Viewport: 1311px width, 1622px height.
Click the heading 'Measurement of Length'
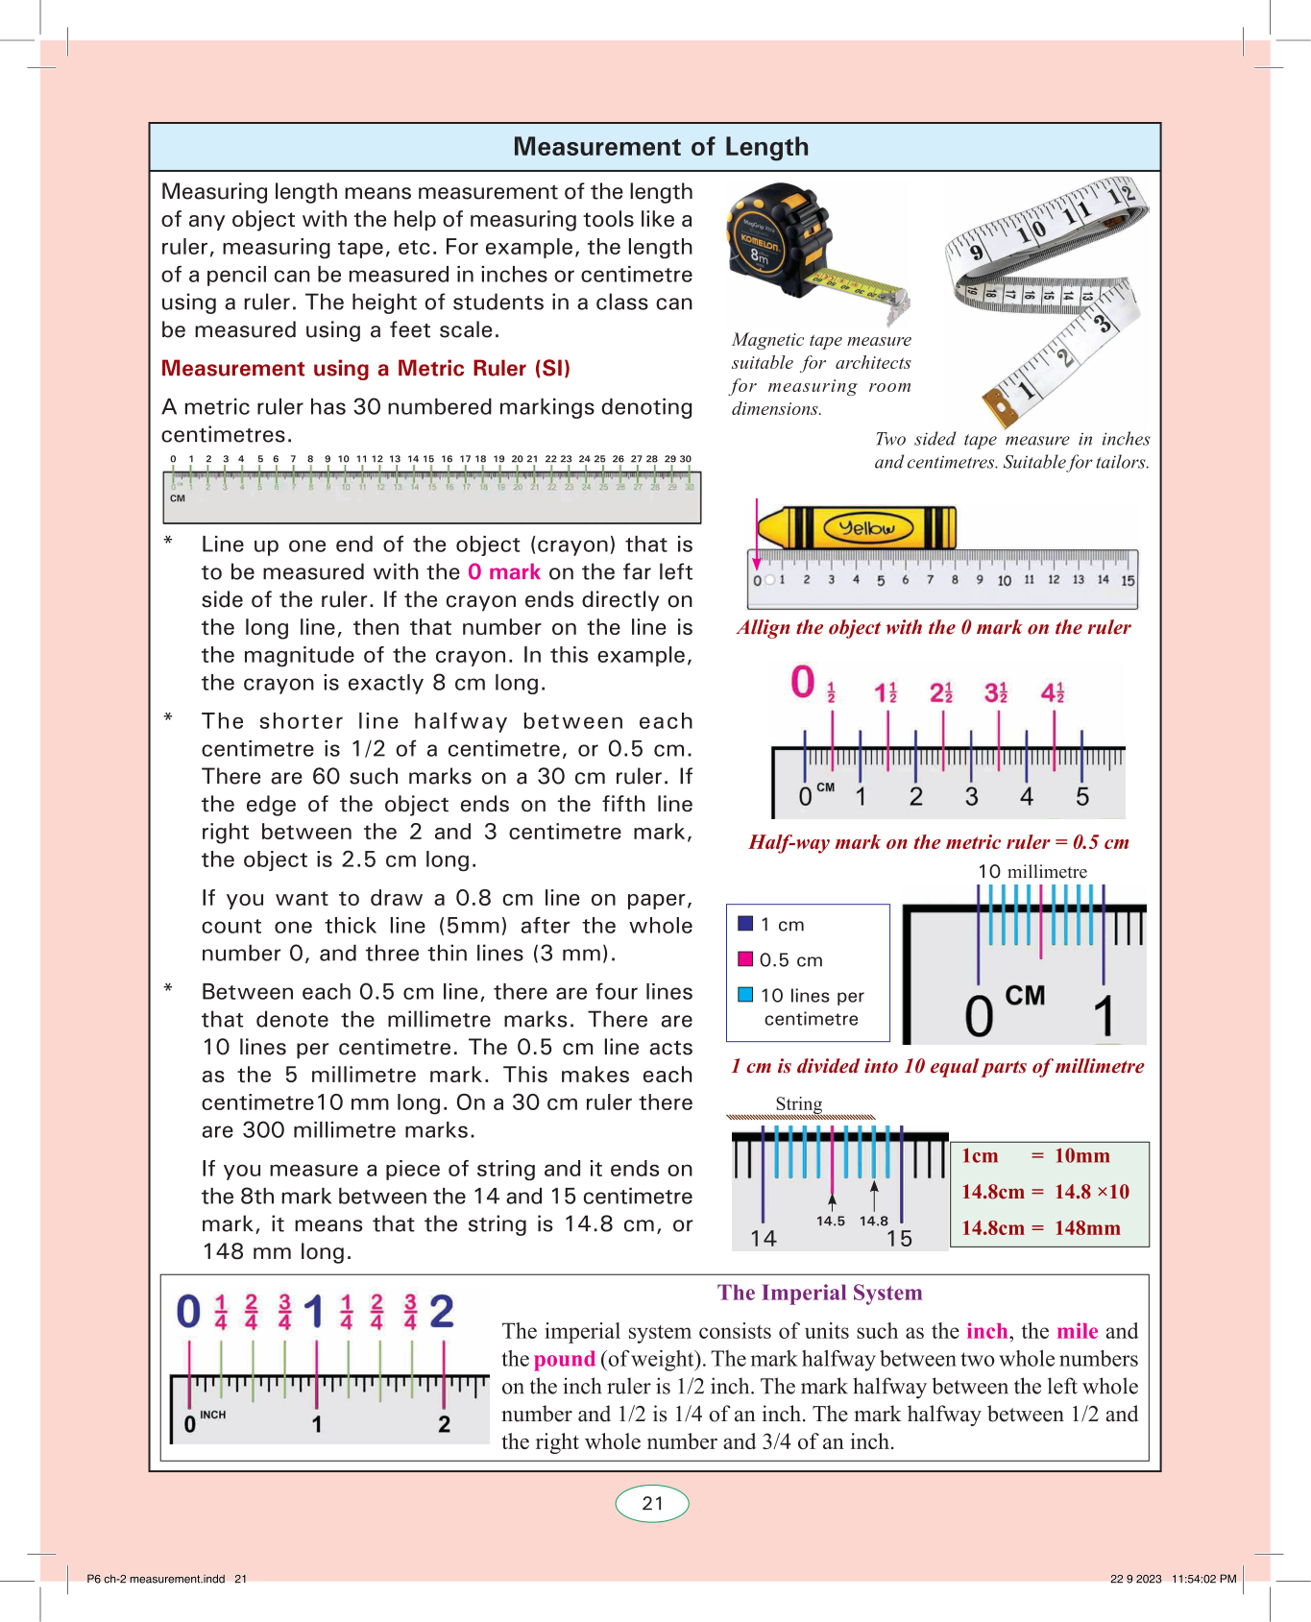[x=661, y=147]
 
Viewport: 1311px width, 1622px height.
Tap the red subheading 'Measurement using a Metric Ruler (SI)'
[x=365, y=369]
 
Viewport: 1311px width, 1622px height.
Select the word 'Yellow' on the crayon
[x=866, y=528]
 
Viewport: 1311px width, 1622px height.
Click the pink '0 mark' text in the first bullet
[x=504, y=572]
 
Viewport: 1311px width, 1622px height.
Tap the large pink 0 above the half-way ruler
[x=803, y=683]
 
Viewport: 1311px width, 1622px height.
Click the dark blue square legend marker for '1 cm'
[x=745, y=924]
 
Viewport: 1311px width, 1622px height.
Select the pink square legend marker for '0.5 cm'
[x=745, y=959]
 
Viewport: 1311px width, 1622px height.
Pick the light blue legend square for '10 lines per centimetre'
[x=745, y=995]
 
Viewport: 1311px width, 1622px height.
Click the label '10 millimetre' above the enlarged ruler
[x=1032, y=872]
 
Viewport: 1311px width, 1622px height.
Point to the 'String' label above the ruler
[x=799, y=1103]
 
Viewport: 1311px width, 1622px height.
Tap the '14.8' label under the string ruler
[x=874, y=1222]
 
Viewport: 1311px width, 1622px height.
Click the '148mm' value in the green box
[x=1087, y=1228]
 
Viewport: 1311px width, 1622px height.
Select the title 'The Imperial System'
[x=819, y=1293]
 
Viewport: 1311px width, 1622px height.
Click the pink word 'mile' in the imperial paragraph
[x=1077, y=1331]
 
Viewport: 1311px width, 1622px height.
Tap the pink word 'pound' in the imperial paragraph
[x=565, y=1359]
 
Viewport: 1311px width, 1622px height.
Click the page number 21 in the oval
[x=652, y=1504]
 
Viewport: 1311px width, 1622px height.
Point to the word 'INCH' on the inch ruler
[x=213, y=1415]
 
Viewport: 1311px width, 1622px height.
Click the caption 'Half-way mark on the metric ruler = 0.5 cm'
[x=938, y=842]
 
